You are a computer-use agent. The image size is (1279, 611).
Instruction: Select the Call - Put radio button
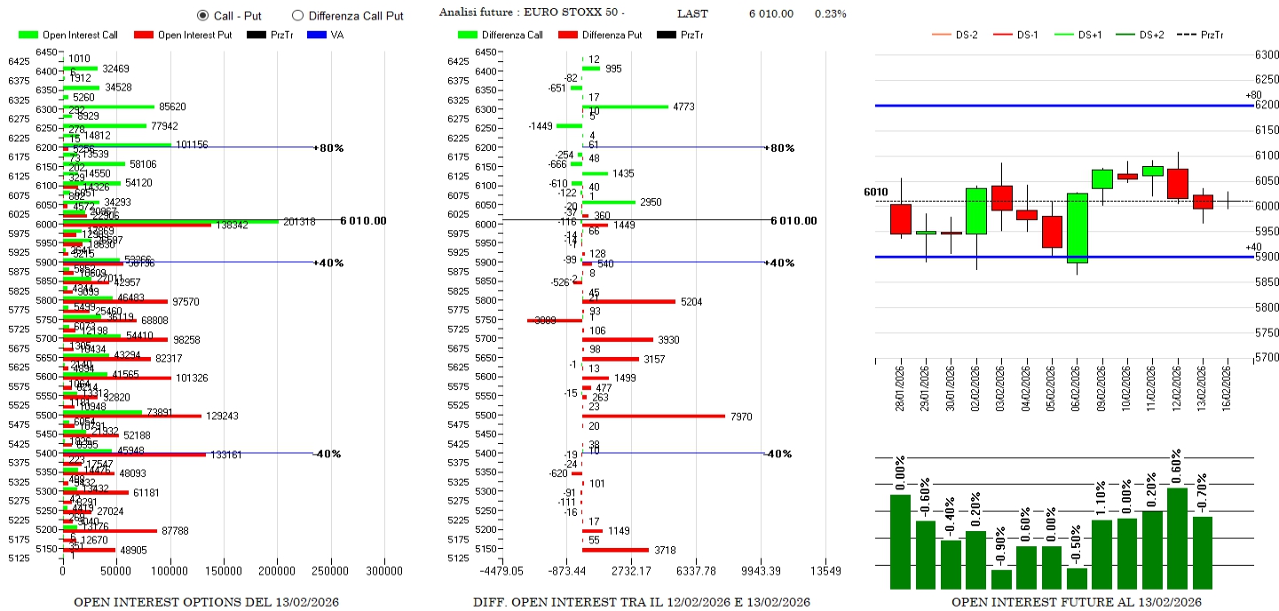pos(202,15)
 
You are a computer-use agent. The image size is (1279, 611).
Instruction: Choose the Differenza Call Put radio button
pos(297,15)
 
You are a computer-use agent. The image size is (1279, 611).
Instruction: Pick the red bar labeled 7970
pos(652,416)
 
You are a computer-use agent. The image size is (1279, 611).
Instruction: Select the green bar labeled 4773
pos(625,107)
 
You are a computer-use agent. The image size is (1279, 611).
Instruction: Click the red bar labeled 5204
pos(628,302)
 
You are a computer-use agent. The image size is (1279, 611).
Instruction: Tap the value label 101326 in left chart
pos(191,378)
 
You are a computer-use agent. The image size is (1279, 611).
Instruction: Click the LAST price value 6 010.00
pos(770,13)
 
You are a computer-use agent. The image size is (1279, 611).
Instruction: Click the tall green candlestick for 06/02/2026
pos(1078,228)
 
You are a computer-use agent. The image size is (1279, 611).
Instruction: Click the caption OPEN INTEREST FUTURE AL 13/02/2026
pos(1077,602)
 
